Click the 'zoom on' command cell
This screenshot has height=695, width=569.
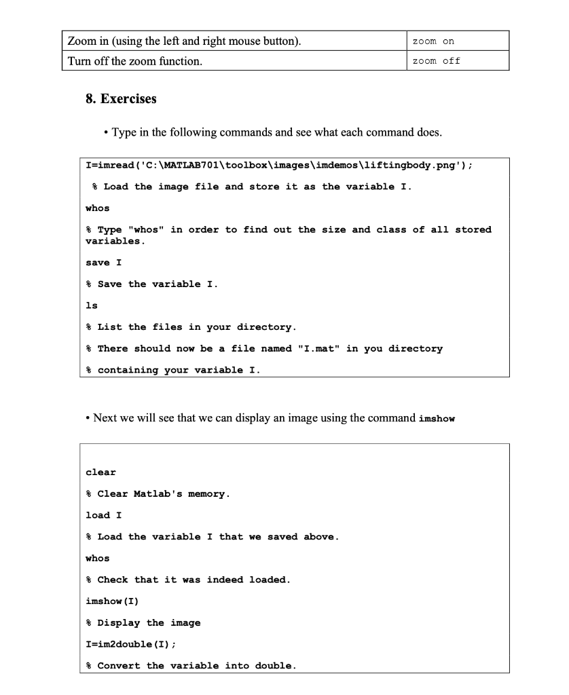433,41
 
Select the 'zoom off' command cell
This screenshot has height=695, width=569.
436,61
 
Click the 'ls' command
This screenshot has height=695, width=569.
91,305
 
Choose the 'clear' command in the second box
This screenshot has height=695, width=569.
100,472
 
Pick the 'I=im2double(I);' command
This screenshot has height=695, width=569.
128,644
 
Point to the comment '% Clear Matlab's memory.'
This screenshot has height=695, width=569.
157,493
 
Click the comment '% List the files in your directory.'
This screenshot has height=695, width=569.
191,327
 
